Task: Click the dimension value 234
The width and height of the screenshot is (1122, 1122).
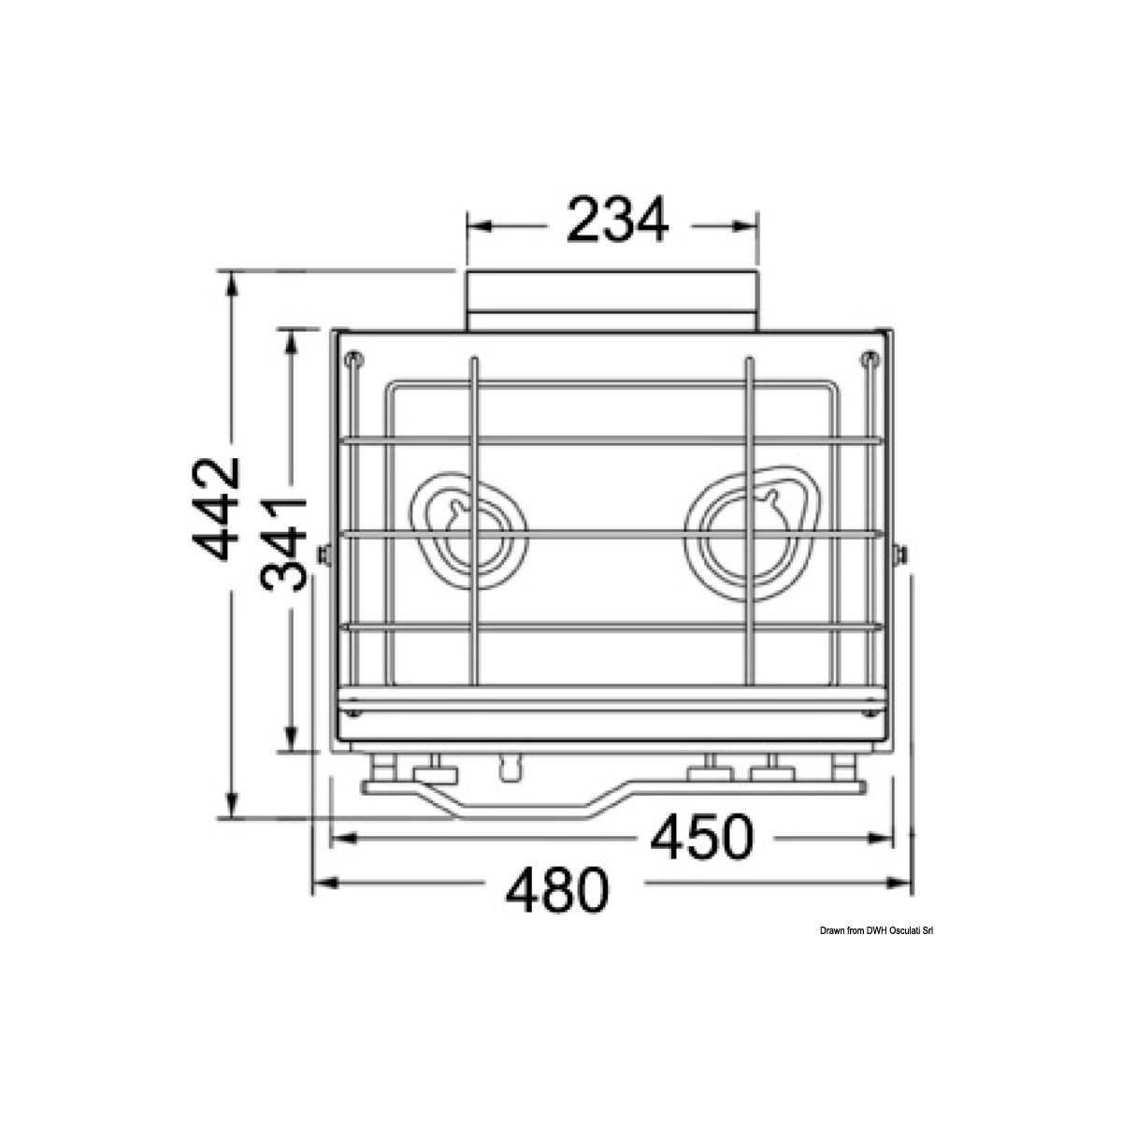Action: pos(618,222)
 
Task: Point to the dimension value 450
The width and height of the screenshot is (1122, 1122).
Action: pos(700,838)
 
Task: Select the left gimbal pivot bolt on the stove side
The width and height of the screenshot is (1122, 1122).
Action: pos(324,555)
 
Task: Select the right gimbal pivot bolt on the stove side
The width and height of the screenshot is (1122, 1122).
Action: pos(900,555)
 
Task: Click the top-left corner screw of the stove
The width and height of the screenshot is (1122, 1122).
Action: pos(353,358)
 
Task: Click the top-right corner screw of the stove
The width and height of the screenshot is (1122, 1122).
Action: pos(870,358)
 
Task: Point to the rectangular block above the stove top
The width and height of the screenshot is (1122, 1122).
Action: pos(612,300)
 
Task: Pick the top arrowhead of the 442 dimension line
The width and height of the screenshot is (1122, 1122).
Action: pos(231,281)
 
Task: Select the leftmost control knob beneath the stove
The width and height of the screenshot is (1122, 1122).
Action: pos(382,772)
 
